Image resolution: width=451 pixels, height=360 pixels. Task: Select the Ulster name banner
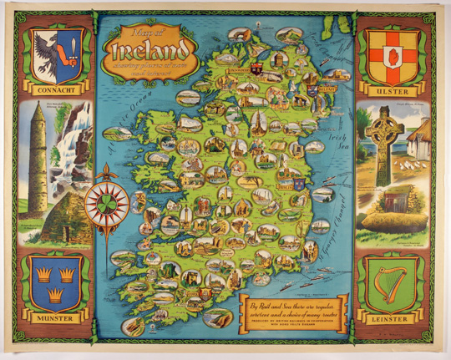393,87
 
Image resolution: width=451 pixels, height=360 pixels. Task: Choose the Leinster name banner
393,319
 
